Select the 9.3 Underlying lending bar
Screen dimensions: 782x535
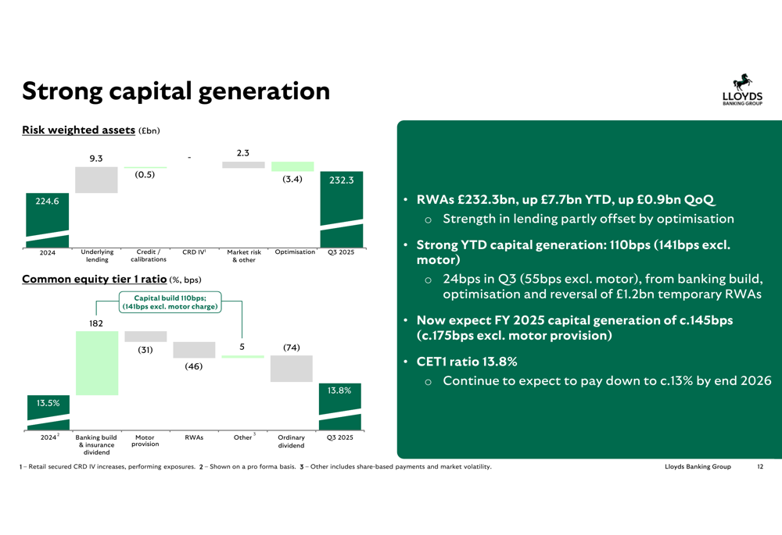pos(96,180)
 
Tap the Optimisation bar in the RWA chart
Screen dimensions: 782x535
pos(292,166)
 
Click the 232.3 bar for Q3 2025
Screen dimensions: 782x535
pos(342,209)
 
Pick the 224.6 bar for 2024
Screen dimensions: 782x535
pos(48,220)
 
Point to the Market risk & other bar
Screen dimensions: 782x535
pos(243,165)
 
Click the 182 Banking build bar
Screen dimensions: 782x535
pos(97,363)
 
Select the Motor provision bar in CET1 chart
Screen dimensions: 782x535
pos(145,337)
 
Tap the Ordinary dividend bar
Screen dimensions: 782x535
pos(291,369)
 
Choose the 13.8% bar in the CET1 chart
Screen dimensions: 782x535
pos(340,406)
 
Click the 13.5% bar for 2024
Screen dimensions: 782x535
pos(48,412)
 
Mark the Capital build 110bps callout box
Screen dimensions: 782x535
pos(170,302)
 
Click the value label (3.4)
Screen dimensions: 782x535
pos(292,179)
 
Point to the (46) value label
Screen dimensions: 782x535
pos(193,366)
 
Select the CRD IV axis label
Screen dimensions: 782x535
pos(194,252)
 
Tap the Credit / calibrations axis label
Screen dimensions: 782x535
pos(149,255)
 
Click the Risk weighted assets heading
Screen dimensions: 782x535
pos(78,130)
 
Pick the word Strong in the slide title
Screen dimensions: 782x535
pos(62,91)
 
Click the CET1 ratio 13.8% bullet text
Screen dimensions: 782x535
pos(467,362)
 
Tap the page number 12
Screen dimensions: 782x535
pos(760,467)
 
